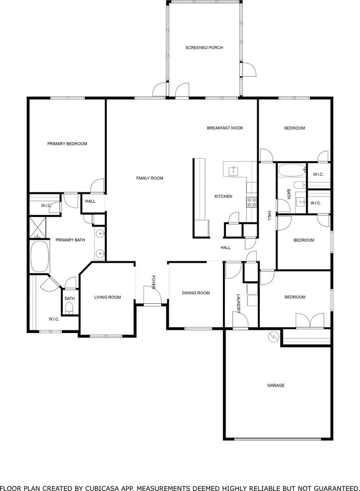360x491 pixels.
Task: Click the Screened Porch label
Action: tap(204, 48)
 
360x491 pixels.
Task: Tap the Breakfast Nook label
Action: tap(224, 128)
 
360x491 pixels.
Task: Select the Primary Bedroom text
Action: tap(67, 144)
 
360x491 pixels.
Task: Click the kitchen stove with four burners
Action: tap(252, 202)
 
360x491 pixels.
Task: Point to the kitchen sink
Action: tap(233, 169)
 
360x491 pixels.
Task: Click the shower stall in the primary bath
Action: tap(37, 227)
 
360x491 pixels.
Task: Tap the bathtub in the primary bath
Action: tap(39, 256)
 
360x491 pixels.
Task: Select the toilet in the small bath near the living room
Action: tap(70, 307)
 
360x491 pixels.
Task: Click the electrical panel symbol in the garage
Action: tap(273, 337)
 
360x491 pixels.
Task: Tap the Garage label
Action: tap(276, 385)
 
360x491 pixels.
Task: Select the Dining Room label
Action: tap(196, 293)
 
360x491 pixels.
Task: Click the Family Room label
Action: tap(149, 178)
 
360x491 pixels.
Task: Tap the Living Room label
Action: tap(107, 297)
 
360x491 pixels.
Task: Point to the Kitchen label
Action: tap(223, 196)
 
